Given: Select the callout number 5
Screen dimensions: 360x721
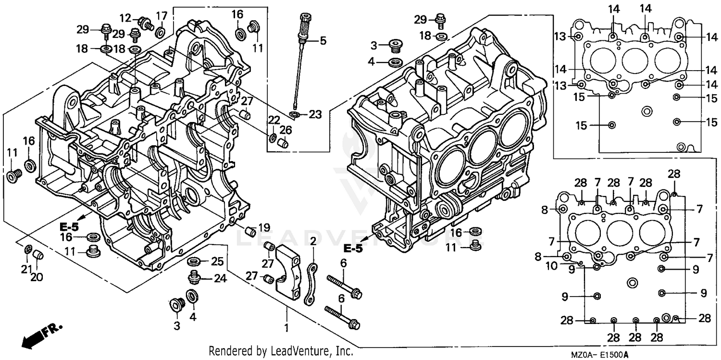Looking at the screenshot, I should click(323, 41).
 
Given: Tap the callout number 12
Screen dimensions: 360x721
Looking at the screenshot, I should click(125, 18).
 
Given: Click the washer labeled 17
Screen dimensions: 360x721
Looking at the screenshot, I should click(161, 32).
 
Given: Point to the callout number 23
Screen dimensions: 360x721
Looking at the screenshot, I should click(315, 114).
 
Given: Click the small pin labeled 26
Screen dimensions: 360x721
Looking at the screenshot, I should click(284, 143).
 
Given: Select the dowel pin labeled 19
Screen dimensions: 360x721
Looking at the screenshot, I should click(250, 232).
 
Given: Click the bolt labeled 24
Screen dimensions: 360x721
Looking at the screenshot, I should click(195, 276).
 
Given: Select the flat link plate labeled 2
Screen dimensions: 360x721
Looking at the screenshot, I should click(310, 284).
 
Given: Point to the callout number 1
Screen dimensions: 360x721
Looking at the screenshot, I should click(287, 328).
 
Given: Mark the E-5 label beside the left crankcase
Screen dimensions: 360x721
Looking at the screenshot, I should click(69, 226).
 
